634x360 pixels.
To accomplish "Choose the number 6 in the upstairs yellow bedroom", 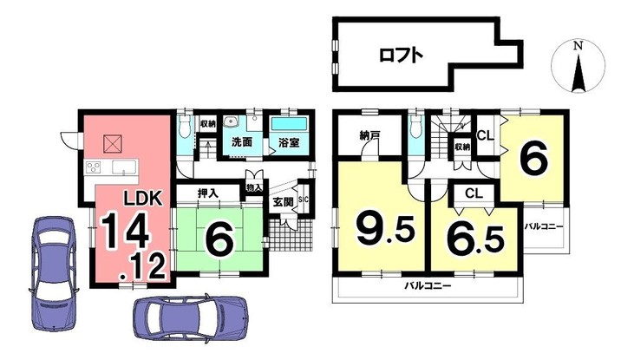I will (533, 160).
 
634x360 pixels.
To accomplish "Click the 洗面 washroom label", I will (241, 142).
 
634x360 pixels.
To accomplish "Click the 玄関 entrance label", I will (282, 202).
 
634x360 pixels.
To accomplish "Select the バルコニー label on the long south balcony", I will (428, 285).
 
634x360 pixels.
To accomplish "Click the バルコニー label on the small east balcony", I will (545, 227).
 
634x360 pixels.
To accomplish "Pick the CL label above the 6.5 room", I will (473, 193).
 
